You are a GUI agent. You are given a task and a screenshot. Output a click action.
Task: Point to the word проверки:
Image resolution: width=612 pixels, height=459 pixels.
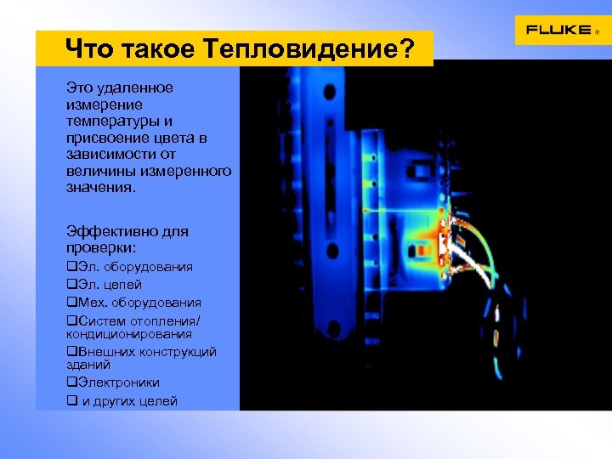pos(101,247)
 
